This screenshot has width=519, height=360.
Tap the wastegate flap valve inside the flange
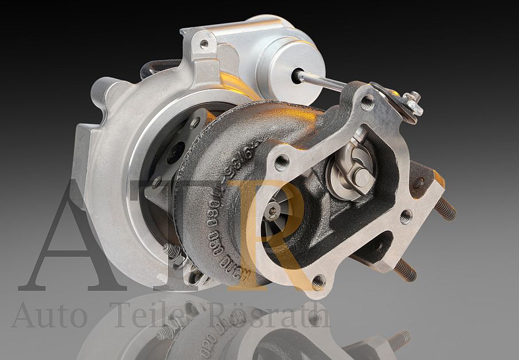tap(351, 172)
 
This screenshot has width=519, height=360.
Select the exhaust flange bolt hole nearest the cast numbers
tap(281, 163)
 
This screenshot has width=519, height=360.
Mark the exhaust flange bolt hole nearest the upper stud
tap(405, 217)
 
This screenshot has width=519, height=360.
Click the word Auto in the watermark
tap(49, 315)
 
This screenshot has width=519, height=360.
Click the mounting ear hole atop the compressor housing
tap(204, 43)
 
